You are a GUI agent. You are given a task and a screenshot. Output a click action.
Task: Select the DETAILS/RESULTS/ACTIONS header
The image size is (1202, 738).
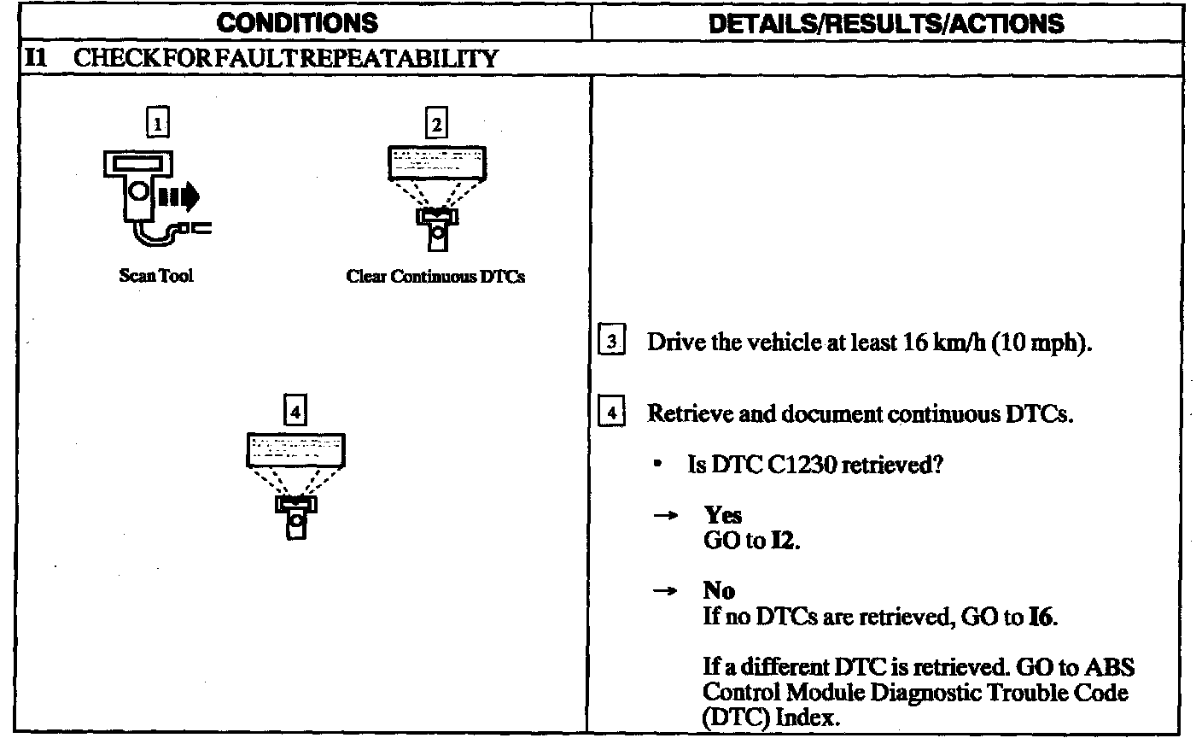click(887, 22)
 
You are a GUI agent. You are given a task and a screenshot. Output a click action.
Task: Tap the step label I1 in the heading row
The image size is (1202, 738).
click(35, 58)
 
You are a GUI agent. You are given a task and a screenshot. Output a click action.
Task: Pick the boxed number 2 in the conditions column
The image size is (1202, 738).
click(436, 125)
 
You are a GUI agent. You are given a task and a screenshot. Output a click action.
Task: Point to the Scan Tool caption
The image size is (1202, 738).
click(156, 276)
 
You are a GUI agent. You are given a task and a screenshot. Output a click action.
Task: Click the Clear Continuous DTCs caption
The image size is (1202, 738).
click(435, 277)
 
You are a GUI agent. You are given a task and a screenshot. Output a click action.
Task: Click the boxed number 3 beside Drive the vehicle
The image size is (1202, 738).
click(612, 343)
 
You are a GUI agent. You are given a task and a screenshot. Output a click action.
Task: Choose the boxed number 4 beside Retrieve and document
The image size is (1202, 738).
click(612, 414)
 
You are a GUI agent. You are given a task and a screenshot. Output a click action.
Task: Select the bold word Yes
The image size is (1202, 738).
click(722, 515)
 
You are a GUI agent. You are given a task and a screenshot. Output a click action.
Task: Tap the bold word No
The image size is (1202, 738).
click(719, 590)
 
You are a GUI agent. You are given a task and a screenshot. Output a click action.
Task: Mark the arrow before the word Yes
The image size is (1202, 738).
click(672, 516)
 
